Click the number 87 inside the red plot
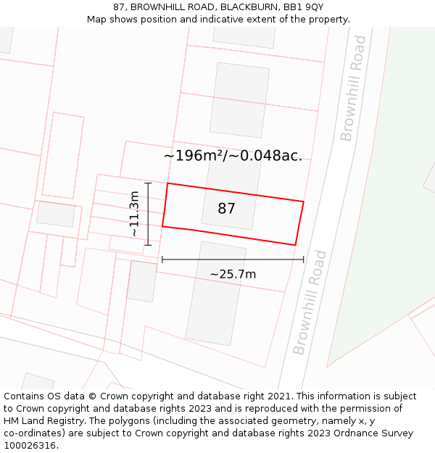pyautogui.click(x=226, y=209)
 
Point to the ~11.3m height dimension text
pyautogui.click(x=134, y=213)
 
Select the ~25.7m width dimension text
pyautogui.click(x=233, y=274)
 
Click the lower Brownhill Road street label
pyautogui.click(x=310, y=303)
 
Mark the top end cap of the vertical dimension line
pyautogui.click(x=148, y=183)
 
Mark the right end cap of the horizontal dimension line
pyautogui.click(x=304, y=259)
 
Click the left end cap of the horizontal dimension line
pyautogui.click(x=162, y=259)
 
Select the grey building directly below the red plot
pyautogui.click(x=215, y=294)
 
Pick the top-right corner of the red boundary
pyautogui.click(x=303, y=201)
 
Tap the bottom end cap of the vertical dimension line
pyautogui.click(x=148, y=245)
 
